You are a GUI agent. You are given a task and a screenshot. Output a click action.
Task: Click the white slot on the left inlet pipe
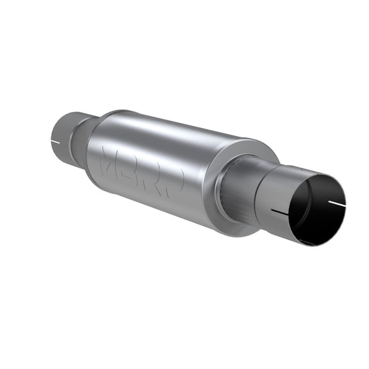(56, 140)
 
